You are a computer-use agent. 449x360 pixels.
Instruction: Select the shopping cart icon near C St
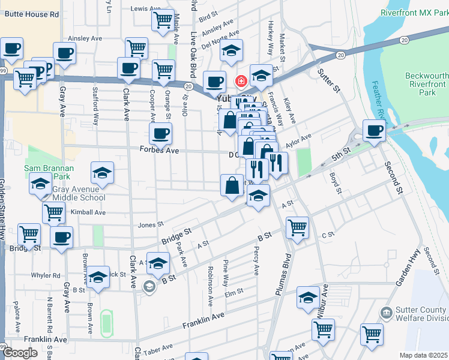pyautogui.click(x=297, y=227)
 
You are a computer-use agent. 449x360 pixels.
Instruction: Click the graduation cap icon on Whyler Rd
pyautogui.click(x=98, y=277)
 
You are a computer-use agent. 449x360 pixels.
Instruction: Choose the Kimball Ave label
pyautogui.click(x=88, y=212)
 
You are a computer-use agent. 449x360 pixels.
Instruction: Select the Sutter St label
pyautogui.click(x=328, y=82)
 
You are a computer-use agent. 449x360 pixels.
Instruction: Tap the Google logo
pyautogui.click(x=20, y=353)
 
